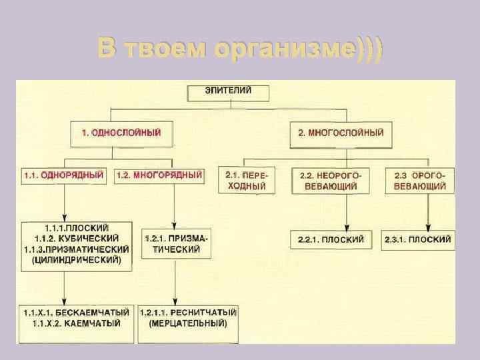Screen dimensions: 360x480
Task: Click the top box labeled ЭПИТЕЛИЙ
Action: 219,93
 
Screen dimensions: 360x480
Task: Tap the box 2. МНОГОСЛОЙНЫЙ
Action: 340,133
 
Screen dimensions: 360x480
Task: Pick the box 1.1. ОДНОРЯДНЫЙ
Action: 63,175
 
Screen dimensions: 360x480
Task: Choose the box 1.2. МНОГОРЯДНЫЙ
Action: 159,175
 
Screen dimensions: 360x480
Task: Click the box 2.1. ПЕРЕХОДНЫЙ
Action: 246,180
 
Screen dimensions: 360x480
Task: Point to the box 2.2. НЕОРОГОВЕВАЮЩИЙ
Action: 330,180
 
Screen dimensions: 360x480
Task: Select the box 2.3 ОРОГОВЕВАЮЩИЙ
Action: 420,180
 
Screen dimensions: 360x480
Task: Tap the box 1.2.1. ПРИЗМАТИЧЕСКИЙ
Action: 175,243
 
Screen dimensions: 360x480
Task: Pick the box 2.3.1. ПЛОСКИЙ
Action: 418,239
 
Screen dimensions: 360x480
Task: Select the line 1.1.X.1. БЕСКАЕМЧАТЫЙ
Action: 75,312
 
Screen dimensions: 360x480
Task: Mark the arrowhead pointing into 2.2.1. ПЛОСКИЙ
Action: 347,227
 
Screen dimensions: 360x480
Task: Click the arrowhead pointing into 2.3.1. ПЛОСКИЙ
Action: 427,227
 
